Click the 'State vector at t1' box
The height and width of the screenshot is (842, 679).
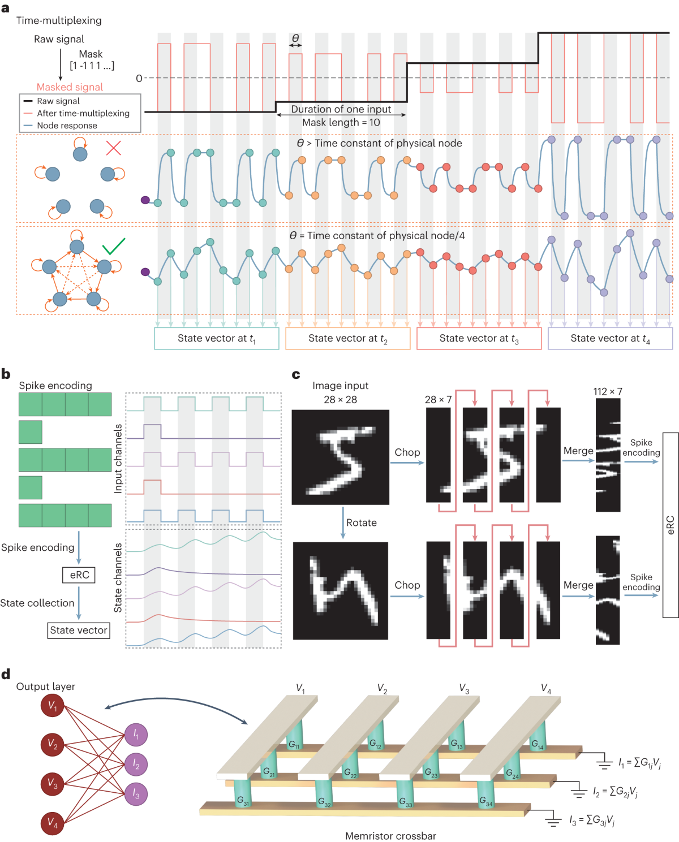(x=217, y=338)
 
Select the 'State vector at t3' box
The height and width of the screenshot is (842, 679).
(x=479, y=338)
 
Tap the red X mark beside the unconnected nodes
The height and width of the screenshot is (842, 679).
(x=114, y=148)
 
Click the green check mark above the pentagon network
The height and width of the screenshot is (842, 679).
(x=114, y=246)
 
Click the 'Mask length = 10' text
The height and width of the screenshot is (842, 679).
(x=341, y=123)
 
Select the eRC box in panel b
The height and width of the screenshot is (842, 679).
(x=79, y=575)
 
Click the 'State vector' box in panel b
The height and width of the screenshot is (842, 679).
(x=79, y=631)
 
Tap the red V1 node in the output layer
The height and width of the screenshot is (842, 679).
(x=53, y=705)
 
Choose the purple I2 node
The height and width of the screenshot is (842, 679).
(x=136, y=764)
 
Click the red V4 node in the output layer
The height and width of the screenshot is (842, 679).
(x=53, y=823)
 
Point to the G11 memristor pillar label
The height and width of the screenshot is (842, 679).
(x=294, y=745)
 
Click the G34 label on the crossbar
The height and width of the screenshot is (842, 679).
(x=486, y=801)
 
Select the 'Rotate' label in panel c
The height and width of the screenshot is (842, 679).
(x=362, y=523)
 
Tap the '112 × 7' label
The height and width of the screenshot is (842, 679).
(x=607, y=392)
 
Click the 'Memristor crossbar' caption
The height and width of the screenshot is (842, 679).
(x=390, y=836)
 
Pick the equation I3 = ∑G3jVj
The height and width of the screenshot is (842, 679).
(x=592, y=821)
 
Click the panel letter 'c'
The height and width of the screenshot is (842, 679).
(x=296, y=374)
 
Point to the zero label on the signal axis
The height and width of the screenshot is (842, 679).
(x=139, y=78)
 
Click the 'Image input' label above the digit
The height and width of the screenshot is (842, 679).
(x=340, y=386)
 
